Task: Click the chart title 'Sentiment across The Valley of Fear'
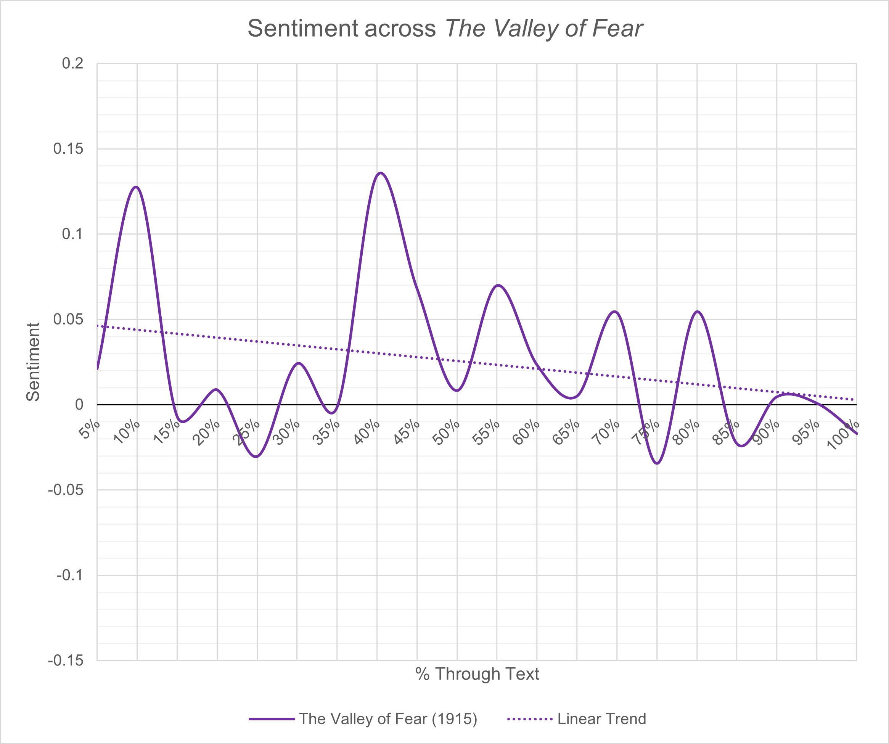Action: [x=445, y=29]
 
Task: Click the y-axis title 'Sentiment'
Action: [x=33, y=362]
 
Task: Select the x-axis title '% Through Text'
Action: [x=477, y=674]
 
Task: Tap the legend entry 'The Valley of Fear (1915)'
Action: [x=388, y=719]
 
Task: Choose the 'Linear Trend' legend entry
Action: [x=601, y=719]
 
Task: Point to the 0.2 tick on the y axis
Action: [x=72, y=63]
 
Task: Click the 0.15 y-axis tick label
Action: [x=68, y=149]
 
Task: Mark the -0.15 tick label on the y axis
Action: [x=66, y=660]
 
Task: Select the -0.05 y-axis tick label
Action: [x=66, y=490]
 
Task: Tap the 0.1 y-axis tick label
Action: [x=72, y=234]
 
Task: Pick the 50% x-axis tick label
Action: [x=446, y=432]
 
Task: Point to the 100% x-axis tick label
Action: [x=842, y=435]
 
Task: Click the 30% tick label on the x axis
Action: [x=286, y=432]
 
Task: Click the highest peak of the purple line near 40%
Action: [x=381, y=173]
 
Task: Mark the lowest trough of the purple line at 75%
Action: [x=657, y=463]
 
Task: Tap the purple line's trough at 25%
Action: [x=256, y=456]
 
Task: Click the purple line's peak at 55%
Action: [x=498, y=285]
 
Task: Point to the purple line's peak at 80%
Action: [x=697, y=312]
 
